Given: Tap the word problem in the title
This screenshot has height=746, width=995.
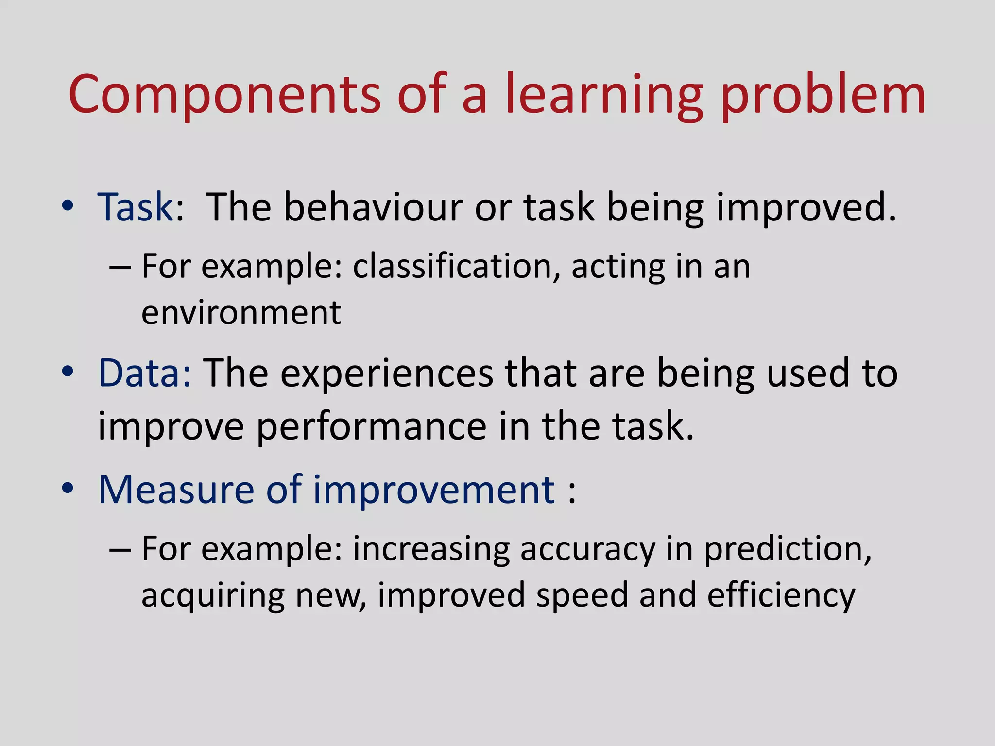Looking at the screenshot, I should click(823, 95).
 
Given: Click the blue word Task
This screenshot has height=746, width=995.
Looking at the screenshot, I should click(136, 207).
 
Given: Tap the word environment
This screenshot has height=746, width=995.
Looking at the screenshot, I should click(241, 313).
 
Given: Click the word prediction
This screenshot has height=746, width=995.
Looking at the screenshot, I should click(787, 550).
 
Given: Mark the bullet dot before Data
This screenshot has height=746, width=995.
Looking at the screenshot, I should click(68, 372).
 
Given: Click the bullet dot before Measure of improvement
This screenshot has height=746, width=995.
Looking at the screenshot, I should click(68, 488).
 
